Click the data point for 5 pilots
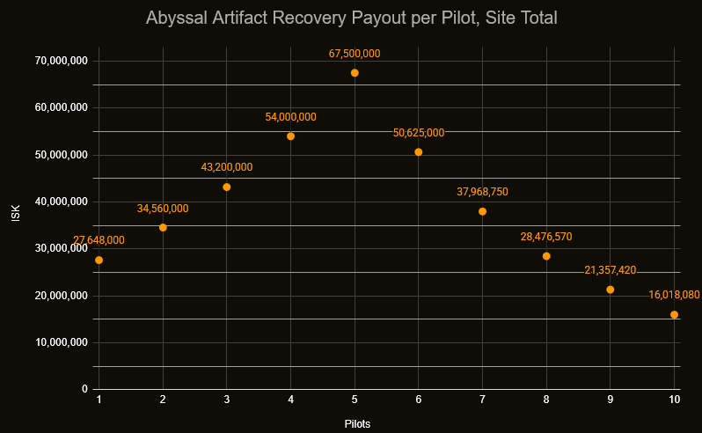coord(355,73)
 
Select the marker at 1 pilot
coord(99,260)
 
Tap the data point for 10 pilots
coord(674,314)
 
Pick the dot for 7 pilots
coord(482,211)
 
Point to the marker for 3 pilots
coord(227,187)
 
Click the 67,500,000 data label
coord(355,54)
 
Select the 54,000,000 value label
coord(290,117)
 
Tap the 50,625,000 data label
coord(419,133)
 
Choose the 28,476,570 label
coord(546,237)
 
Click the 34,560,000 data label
coord(163,209)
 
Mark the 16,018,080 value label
coord(674,295)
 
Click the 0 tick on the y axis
coord(84,389)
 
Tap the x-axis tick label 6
coord(419,401)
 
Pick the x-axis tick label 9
coord(611,401)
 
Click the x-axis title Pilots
coord(357,424)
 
